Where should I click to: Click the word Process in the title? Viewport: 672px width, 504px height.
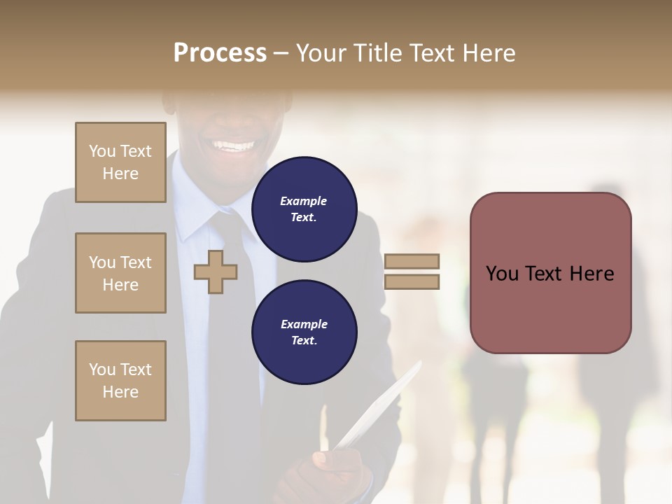point(220,52)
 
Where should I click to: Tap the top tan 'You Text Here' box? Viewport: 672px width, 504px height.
point(120,162)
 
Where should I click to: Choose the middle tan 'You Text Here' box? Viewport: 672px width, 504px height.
point(120,273)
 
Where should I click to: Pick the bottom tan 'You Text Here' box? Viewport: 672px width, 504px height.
point(120,381)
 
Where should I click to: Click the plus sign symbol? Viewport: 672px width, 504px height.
point(215,272)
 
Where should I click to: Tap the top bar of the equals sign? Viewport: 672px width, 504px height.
point(412,261)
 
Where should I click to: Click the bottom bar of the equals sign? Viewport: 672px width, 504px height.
point(412,282)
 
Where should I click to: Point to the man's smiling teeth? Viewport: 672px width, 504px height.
point(234,146)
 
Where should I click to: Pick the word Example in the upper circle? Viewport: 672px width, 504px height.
point(303,201)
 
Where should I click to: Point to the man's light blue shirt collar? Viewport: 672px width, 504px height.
point(190,210)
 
